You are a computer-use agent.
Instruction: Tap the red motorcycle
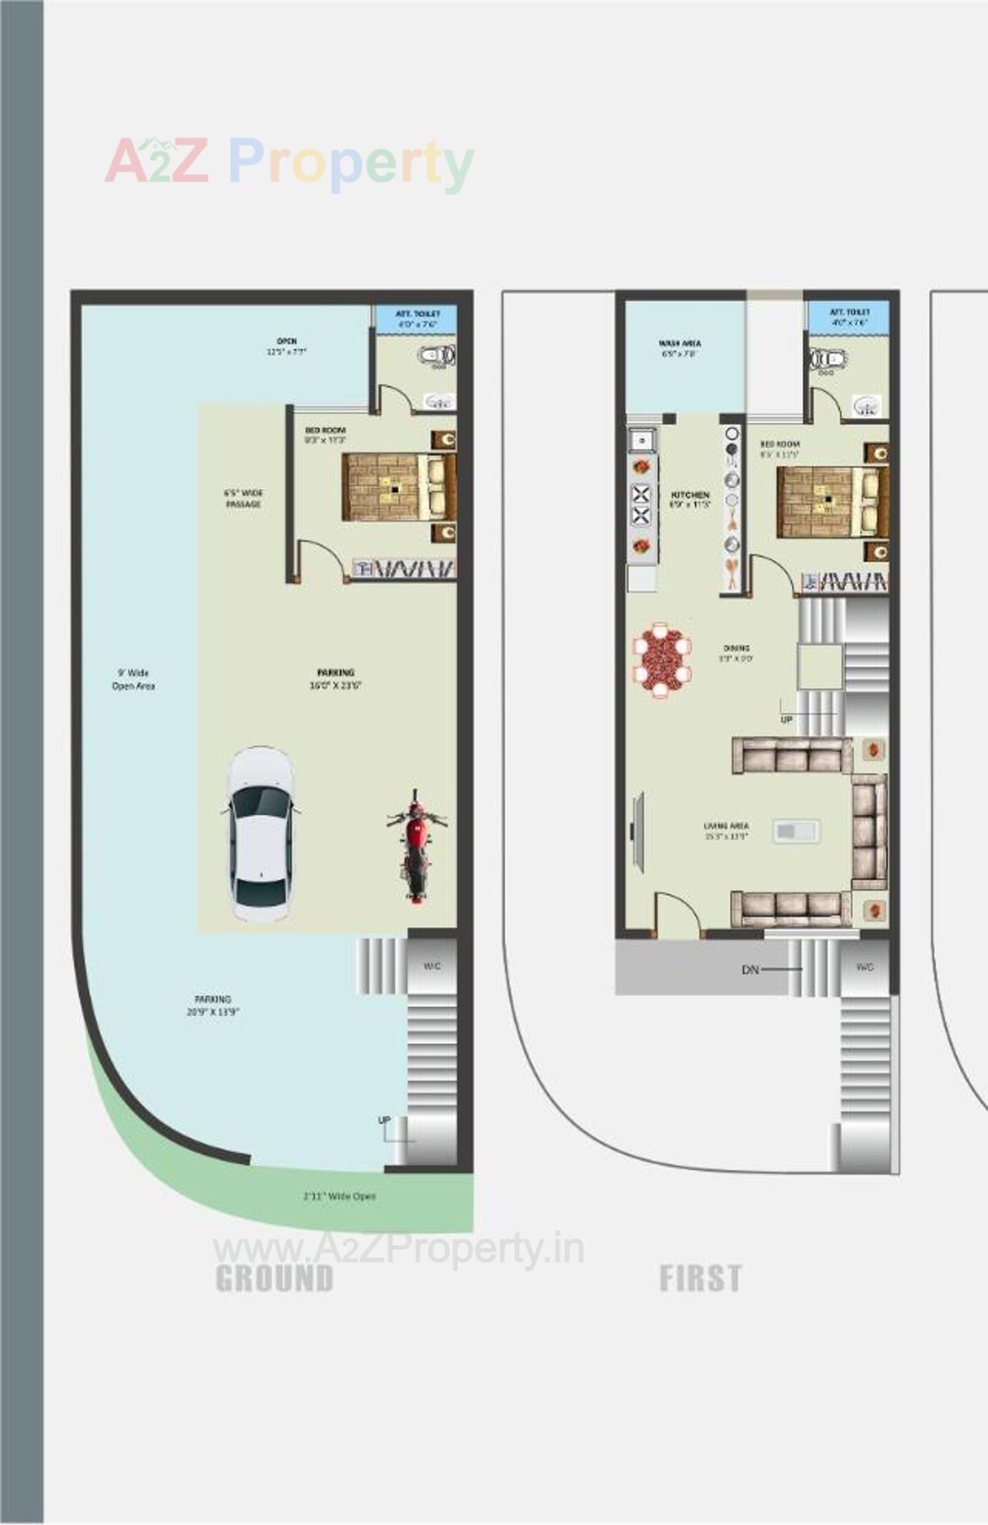click(416, 846)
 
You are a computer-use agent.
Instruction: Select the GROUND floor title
click(274, 1278)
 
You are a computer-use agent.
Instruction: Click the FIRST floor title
click(700, 1278)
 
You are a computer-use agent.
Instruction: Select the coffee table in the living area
click(795, 831)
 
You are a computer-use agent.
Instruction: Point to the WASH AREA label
click(679, 348)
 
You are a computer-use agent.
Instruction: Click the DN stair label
click(750, 969)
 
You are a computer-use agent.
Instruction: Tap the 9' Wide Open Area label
click(133, 680)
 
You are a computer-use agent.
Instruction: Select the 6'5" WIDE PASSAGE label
click(243, 499)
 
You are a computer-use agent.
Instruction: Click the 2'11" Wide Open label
click(339, 1196)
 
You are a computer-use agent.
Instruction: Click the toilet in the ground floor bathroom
click(437, 356)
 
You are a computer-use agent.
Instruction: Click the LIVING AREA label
click(726, 831)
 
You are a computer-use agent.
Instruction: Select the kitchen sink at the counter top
click(641, 440)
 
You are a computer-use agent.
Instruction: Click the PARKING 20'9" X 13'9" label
click(213, 1005)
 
